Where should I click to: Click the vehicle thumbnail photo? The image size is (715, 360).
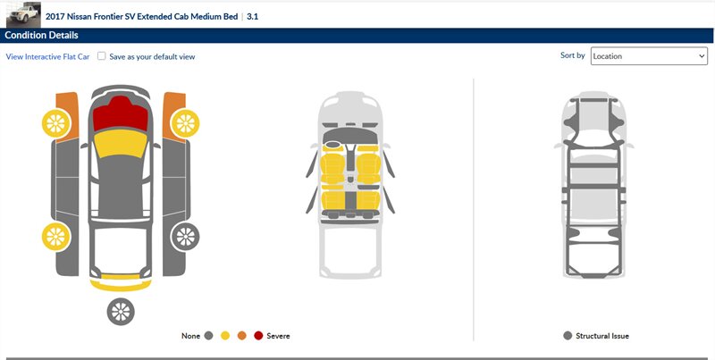23,14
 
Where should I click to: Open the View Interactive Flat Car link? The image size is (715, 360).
48,57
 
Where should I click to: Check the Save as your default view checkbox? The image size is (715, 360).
102,56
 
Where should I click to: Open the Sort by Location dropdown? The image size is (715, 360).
649,56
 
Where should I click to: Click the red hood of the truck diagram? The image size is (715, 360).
121,114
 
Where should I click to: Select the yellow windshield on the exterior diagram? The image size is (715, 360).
121,143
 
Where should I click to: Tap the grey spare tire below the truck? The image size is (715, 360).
121,312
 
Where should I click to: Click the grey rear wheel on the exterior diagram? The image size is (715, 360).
185,237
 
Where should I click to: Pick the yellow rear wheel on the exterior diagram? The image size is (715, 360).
56,237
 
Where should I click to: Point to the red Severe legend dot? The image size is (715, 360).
258,336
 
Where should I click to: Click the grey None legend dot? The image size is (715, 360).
209,336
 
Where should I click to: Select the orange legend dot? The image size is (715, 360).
241,336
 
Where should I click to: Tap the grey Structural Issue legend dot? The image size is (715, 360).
568,336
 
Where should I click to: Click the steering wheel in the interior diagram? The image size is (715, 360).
332,145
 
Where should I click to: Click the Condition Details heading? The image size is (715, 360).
41,36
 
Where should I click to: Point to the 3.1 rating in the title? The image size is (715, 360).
253,17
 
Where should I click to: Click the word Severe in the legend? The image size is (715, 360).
278,336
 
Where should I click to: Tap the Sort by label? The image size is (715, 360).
573,55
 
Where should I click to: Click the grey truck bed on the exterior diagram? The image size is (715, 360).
121,250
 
